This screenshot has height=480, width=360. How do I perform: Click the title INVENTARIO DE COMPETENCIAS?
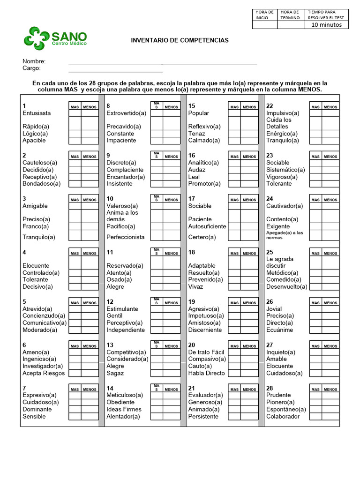(180, 40)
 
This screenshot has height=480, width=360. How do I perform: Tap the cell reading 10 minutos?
(327, 25)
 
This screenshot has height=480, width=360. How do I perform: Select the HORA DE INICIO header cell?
(264, 15)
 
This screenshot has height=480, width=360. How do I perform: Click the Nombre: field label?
(34, 61)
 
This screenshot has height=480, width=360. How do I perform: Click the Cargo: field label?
(32, 68)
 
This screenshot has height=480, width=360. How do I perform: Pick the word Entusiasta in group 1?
(37, 113)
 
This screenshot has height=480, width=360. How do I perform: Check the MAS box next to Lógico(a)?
(75, 134)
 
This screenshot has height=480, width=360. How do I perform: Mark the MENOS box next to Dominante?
(90, 409)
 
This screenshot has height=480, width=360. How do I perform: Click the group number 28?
(270, 388)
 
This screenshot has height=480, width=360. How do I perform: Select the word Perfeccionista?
(126, 237)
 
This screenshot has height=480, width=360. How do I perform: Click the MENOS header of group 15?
(249, 107)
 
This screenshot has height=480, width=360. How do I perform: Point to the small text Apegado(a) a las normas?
(285, 235)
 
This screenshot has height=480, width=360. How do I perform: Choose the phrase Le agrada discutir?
(279, 262)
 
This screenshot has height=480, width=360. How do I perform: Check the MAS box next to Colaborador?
(315, 416)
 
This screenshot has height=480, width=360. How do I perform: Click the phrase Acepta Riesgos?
(44, 373)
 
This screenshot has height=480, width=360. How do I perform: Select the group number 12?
(110, 302)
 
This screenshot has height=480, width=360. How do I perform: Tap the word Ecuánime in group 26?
(280, 330)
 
